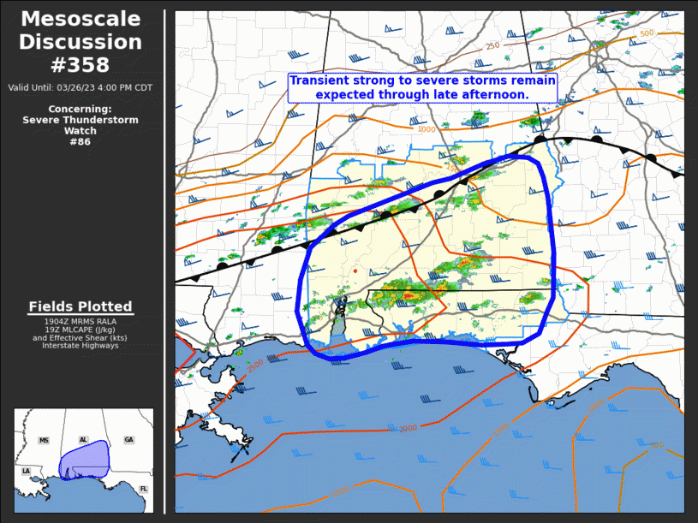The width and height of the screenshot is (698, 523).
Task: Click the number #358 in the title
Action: tap(81, 64)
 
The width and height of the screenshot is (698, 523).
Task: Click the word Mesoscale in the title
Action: tap(81, 19)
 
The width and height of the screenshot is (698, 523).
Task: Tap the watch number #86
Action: tap(80, 141)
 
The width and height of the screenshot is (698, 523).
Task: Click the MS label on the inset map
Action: tap(44, 440)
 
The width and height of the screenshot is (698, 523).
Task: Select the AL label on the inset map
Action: tap(83, 440)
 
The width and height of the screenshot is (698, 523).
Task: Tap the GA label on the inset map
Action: tap(128, 440)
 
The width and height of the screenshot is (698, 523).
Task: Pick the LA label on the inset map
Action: tap(27, 472)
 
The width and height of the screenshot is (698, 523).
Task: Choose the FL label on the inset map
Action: tap(143, 489)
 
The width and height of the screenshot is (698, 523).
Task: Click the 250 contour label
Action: tap(492, 46)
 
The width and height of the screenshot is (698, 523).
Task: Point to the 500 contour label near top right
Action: tap(647, 33)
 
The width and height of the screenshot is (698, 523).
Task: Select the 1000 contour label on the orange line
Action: tap(427, 129)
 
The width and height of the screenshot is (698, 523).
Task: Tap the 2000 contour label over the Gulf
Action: tap(408, 428)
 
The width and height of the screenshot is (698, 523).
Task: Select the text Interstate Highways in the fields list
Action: tap(80, 346)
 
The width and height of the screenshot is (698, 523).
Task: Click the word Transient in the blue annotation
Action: tap(319, 80)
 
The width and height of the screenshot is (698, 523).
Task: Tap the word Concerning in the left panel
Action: tap(79, 109)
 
